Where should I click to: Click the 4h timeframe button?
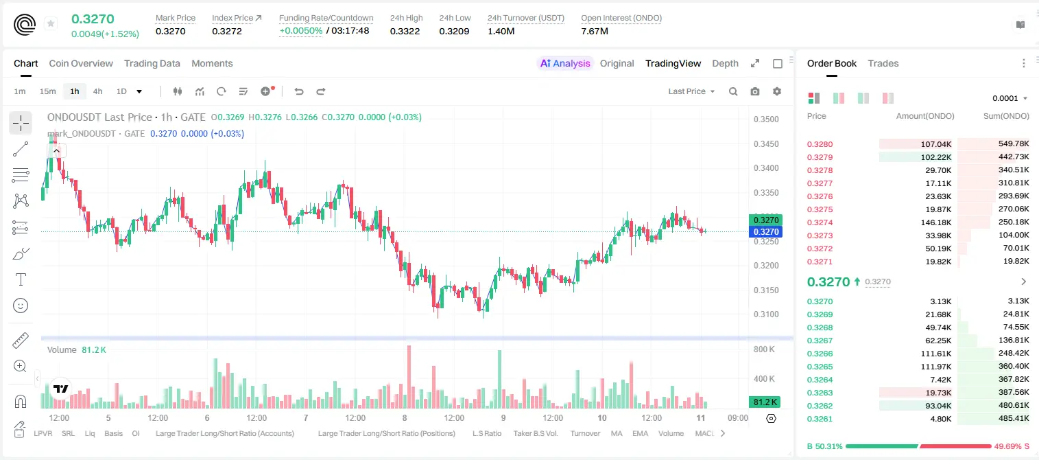(x=97, y=91)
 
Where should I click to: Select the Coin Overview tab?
(x=81, y=63)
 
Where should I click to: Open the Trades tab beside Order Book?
(x=883, y=63)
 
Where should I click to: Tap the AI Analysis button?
(x=565, y=63)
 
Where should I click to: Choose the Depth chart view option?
(x=725, y=63)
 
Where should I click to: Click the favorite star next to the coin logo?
(x=51, y=23)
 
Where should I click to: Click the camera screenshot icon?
(x=754, y=91)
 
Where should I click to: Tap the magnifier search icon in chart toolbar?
(x=733, y=91)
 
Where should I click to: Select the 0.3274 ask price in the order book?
(x=820, y=222)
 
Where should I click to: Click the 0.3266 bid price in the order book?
(x=820, y=354)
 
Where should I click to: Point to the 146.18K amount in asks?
(x=936, y=222)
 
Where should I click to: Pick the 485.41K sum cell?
(x=1014, y=418)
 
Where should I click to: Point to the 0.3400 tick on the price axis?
(x=766, y=168)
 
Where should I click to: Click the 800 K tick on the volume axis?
(x=764, y=349)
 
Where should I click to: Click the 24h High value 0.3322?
(x=405, y=31)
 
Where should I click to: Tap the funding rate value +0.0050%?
(x=300, y=31)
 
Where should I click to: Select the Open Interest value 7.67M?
(x=594, y=31)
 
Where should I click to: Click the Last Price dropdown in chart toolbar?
(x=691, y=91)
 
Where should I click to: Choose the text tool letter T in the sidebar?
(x=21, y=279)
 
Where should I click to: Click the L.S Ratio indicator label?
(x=486, y=433)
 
